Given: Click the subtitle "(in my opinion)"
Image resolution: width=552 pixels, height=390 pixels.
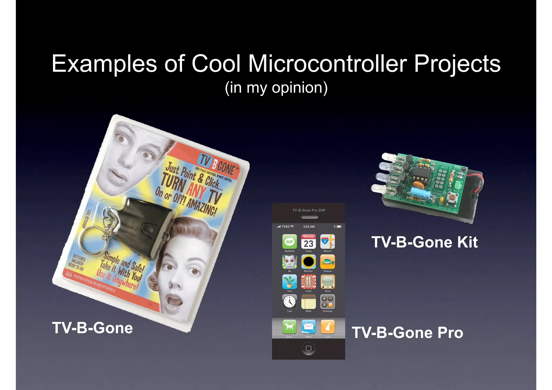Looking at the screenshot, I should click(276, 88).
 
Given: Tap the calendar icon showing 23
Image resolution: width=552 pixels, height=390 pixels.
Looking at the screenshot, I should click(308, 241).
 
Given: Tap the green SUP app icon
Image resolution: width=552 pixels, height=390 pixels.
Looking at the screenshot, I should click(289, 241).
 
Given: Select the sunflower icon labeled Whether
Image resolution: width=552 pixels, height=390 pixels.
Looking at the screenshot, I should click(308, 261).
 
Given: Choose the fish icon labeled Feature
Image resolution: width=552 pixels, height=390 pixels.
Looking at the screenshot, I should click(327, 261).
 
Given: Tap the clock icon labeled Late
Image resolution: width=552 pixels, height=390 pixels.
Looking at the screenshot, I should click(289, 301).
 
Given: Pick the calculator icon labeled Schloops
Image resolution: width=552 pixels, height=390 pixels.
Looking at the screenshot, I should click(327, 301).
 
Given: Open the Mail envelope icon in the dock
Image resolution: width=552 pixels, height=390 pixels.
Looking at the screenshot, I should click(308, 327).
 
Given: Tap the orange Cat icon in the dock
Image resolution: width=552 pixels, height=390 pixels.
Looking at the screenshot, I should click(327, 327).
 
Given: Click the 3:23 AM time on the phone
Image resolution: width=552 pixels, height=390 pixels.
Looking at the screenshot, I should click(309, 227).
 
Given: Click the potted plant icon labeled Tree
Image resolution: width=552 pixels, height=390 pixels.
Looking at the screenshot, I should click(289, 281).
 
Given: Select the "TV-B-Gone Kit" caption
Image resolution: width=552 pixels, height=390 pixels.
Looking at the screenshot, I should click(425, 242).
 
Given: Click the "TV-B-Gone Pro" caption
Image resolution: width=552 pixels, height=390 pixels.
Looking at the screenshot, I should click(407, 333).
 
